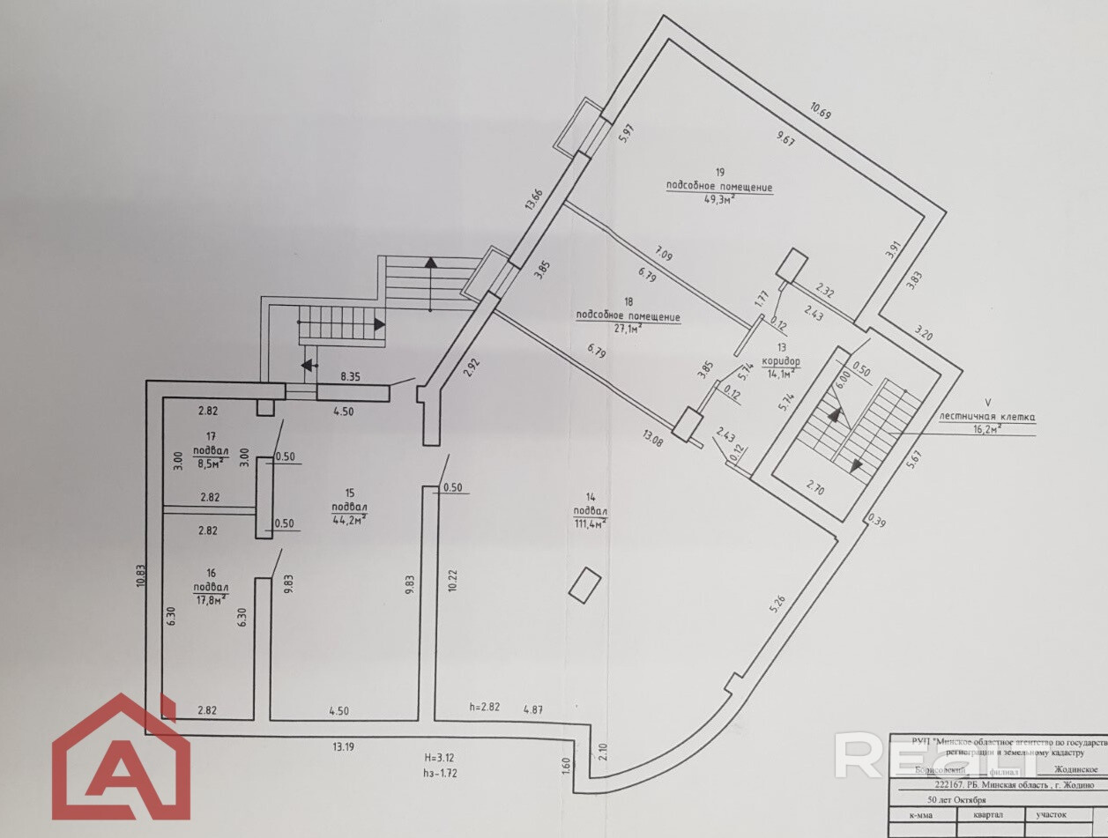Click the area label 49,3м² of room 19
pos(718,200)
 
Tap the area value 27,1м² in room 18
pos(628,330)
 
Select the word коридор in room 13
pos(781,361)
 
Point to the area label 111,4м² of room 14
pos(590,523)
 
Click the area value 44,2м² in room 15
pos(349,519)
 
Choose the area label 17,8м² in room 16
pos(212,598)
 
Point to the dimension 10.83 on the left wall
pos(140,582)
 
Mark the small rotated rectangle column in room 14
pos(584,585)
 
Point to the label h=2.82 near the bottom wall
pos(485,707)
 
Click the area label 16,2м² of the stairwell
pos(985,431)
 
